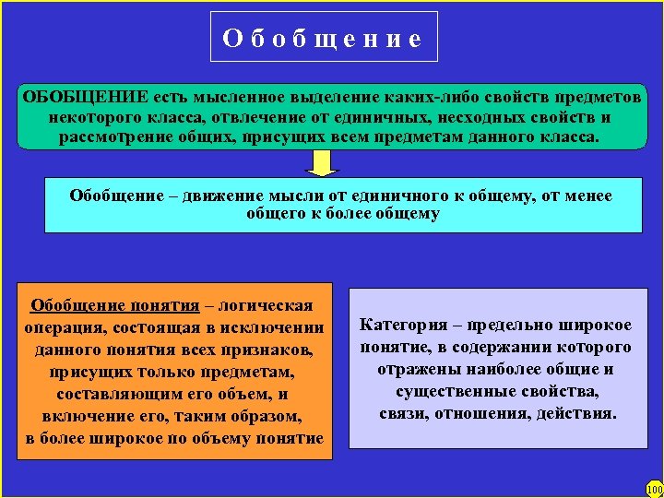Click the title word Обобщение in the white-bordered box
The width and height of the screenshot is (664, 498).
pyautogui.click(x=323, y=38)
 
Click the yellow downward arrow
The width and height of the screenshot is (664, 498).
pyautogui.click(x=322, y=162)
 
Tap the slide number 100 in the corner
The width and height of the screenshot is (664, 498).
pyautogui.click(x=654, y=489)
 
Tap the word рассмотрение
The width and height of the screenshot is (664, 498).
pyautogui.click(x=114, y=137)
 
